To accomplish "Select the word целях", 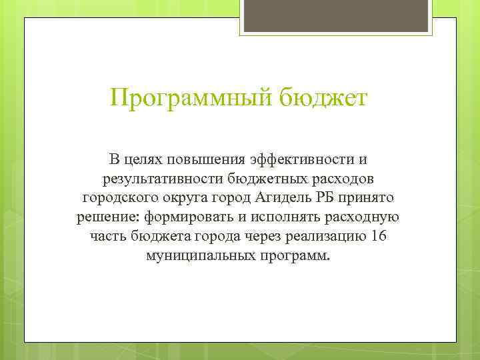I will pos(143,160).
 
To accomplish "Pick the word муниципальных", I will pos(197,257).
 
